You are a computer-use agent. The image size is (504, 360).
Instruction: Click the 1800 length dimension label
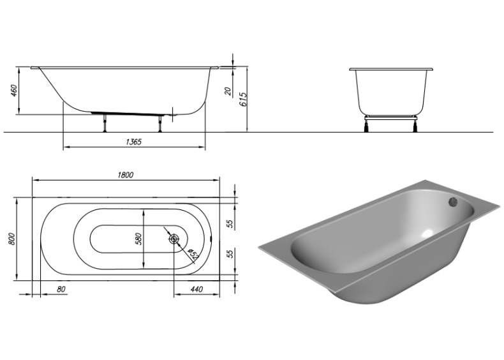click(x=125, y=176)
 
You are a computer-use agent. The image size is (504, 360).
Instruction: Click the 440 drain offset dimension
click(x=197, y=289)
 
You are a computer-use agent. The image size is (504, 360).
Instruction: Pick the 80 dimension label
click(x=61, y=289)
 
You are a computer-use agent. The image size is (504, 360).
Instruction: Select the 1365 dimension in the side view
click(x=130, y=142)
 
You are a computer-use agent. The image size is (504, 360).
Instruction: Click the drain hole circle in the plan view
click(x=174, y=240)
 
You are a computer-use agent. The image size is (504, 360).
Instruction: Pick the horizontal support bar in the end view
click(x=391, y=116)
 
